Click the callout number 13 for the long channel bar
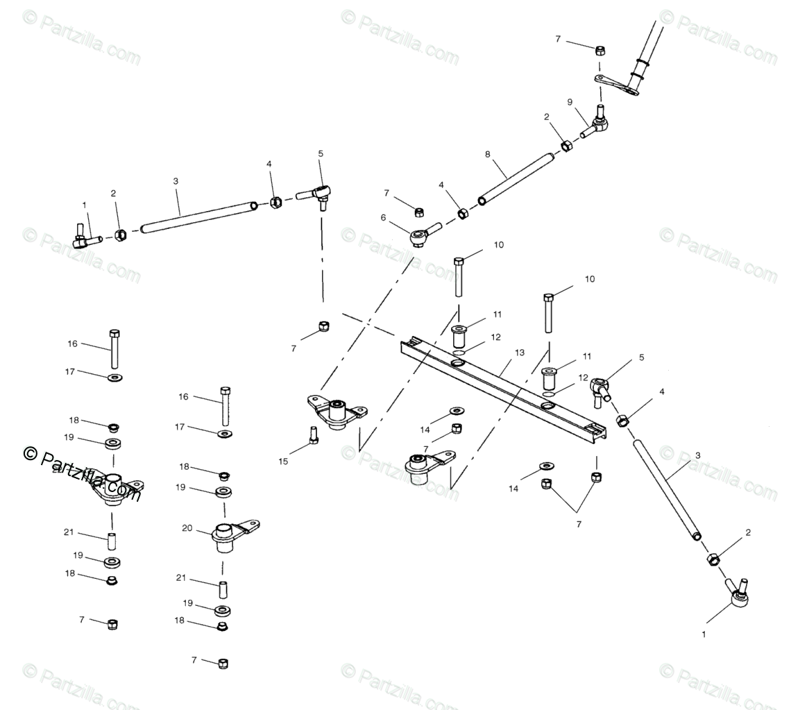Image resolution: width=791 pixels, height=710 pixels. coord(520,353)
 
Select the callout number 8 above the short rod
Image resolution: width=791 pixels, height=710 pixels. coord(486,153)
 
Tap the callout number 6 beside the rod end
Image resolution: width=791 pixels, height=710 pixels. coord(383,217)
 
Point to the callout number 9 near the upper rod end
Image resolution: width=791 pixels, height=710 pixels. coord(570,102)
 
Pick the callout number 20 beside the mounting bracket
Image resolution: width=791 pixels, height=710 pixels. coord(187,528)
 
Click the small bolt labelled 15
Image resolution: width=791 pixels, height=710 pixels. coord(313,436)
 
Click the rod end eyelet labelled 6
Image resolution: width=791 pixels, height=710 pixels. coord(419,237)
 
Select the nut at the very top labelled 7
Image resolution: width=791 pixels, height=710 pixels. coord(600,50)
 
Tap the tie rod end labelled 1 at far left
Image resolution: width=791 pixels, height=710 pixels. coord(84,238)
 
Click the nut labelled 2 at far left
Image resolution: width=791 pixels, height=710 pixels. coord(119,235)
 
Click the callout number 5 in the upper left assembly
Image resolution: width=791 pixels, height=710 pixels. coord(321,153)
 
